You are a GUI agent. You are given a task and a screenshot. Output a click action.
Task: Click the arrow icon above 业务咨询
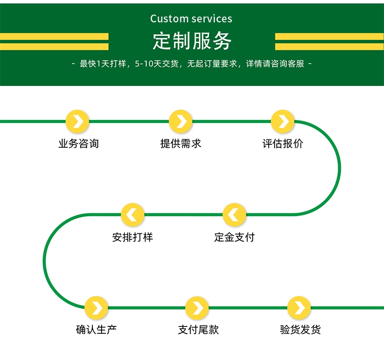tap(78, 121)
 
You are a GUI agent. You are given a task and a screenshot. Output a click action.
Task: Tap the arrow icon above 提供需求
tap(181, 121)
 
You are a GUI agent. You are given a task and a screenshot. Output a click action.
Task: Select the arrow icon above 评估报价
tap(283, 121)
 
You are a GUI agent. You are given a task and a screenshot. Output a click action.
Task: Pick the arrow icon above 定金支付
tap(234, 215)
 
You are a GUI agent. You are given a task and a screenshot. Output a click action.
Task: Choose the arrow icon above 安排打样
tap(133, 215)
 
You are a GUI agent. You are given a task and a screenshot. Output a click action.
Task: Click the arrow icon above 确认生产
tap(96, 308)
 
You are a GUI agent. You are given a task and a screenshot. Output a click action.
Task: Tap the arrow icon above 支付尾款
tap(197, 308)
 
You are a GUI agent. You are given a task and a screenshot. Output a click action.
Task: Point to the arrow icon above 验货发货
tap(299, 308)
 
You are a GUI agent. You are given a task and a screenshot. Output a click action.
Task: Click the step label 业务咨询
tap(78, 144)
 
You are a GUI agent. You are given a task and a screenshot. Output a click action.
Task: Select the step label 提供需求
tap(181, 144)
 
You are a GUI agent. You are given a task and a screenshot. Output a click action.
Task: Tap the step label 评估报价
tap(283, 144)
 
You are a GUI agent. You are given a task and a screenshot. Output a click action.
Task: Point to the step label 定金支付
tap(234, 238)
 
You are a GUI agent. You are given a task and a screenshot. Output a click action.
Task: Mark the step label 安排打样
tap(133, 238)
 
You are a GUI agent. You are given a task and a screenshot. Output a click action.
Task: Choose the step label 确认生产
tap(96, 330)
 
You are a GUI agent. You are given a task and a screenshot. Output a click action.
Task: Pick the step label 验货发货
tap(300, 330)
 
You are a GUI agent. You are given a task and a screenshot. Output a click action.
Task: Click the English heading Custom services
tap(191, 19)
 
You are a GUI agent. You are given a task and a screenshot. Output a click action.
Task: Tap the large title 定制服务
tap(192, 41)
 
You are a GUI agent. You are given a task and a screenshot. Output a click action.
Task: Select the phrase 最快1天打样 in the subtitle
tap(103, 64)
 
